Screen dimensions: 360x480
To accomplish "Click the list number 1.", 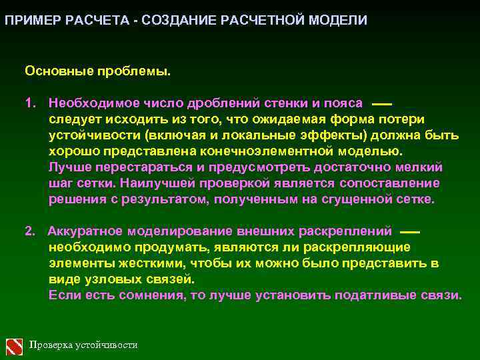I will (x=29, y=103).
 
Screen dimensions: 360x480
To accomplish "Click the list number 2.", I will (x=29, y=231).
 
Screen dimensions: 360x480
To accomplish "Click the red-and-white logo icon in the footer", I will (x=15, y=345).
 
